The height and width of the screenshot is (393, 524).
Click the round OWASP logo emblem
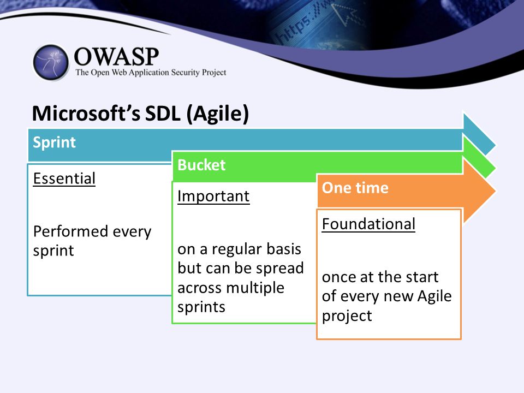click(x=51, y=62)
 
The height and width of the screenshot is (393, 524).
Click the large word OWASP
click(x=116, y=56)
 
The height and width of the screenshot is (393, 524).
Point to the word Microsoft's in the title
click(x=86, y=113)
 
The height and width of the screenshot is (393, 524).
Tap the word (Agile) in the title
click(x=218, y=114)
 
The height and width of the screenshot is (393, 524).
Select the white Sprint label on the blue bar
click(x=55, y=142)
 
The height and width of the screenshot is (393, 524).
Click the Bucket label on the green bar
click(x=201, y=165)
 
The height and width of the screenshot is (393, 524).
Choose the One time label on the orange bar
click(x=355, y=187)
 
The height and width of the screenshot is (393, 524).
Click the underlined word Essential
click(x=64, y=178)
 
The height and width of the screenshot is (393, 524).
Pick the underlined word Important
click(x=213, y=196)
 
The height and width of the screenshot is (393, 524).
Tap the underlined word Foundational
click(x=368, y=224)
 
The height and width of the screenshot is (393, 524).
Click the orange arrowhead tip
click(x=495, y=192)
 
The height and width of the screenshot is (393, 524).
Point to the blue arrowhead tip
click(x=495, y=145)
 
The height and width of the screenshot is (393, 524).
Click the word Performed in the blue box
click(x=70, y=231)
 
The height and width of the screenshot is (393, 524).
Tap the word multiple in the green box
click(x=254, y=288)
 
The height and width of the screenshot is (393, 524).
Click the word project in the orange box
click(x=347, y=316)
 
